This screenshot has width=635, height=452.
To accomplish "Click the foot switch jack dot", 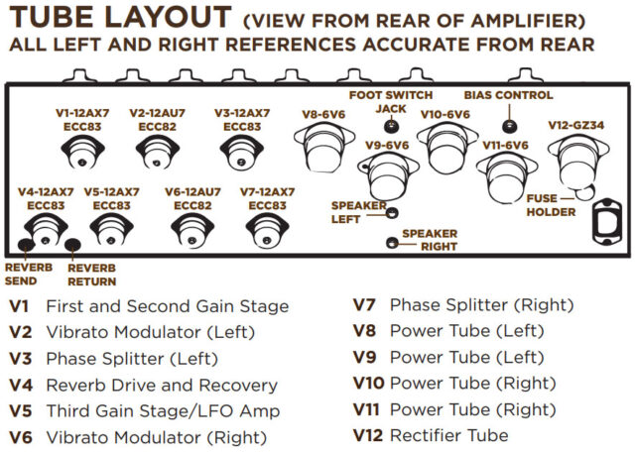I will pos(391,127).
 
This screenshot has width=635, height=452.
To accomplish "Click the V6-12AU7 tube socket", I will pos(188,231).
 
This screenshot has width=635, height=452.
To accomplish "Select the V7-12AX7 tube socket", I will pos(265,231).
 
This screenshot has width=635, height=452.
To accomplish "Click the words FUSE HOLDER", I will pos(552,205).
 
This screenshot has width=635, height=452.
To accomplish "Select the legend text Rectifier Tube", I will pos(448,435).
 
